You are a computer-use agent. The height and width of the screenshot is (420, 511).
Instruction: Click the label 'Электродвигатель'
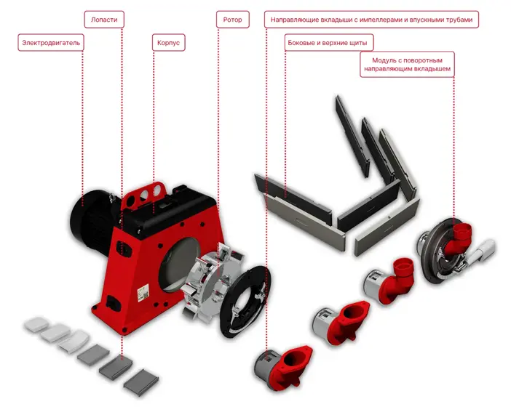(51, 43)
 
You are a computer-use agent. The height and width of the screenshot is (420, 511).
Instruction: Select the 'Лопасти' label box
(104, 20)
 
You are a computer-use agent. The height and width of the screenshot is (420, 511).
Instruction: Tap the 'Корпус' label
(168, 43)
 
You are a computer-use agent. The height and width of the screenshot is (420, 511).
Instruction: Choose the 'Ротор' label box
(232, 20)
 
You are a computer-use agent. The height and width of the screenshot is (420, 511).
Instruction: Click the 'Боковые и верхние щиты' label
(328, 43)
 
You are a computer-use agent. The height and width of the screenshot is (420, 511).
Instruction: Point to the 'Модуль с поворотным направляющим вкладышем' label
(407, 65)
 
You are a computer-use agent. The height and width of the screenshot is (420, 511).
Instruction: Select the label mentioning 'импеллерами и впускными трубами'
(371, 20)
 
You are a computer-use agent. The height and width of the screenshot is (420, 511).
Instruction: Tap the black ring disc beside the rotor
(245, 302)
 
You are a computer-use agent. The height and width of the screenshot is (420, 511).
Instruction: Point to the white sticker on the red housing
(143, 292)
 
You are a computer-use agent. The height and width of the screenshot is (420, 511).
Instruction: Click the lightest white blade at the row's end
(36, 324)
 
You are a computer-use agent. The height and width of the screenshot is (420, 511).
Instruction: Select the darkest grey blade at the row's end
(141, 383)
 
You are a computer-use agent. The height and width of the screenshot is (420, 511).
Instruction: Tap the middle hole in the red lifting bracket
(144, 195)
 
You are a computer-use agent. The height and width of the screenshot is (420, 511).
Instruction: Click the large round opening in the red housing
(178, 264)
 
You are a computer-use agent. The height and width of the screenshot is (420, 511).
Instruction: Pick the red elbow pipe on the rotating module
(459, 238)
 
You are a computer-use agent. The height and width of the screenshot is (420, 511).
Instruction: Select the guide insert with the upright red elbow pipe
(389, 280)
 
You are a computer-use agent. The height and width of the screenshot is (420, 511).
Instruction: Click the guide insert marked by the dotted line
(283, 368)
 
